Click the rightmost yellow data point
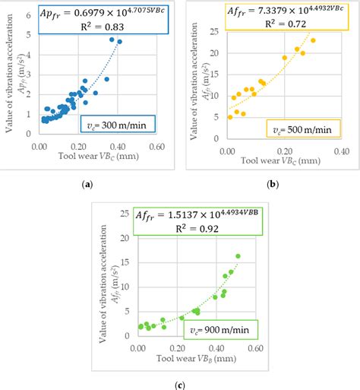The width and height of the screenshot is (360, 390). pyautogui.click(x=313, y=40)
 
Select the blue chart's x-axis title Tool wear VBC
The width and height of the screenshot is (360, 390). pyautogui.click(x=91, y=158)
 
